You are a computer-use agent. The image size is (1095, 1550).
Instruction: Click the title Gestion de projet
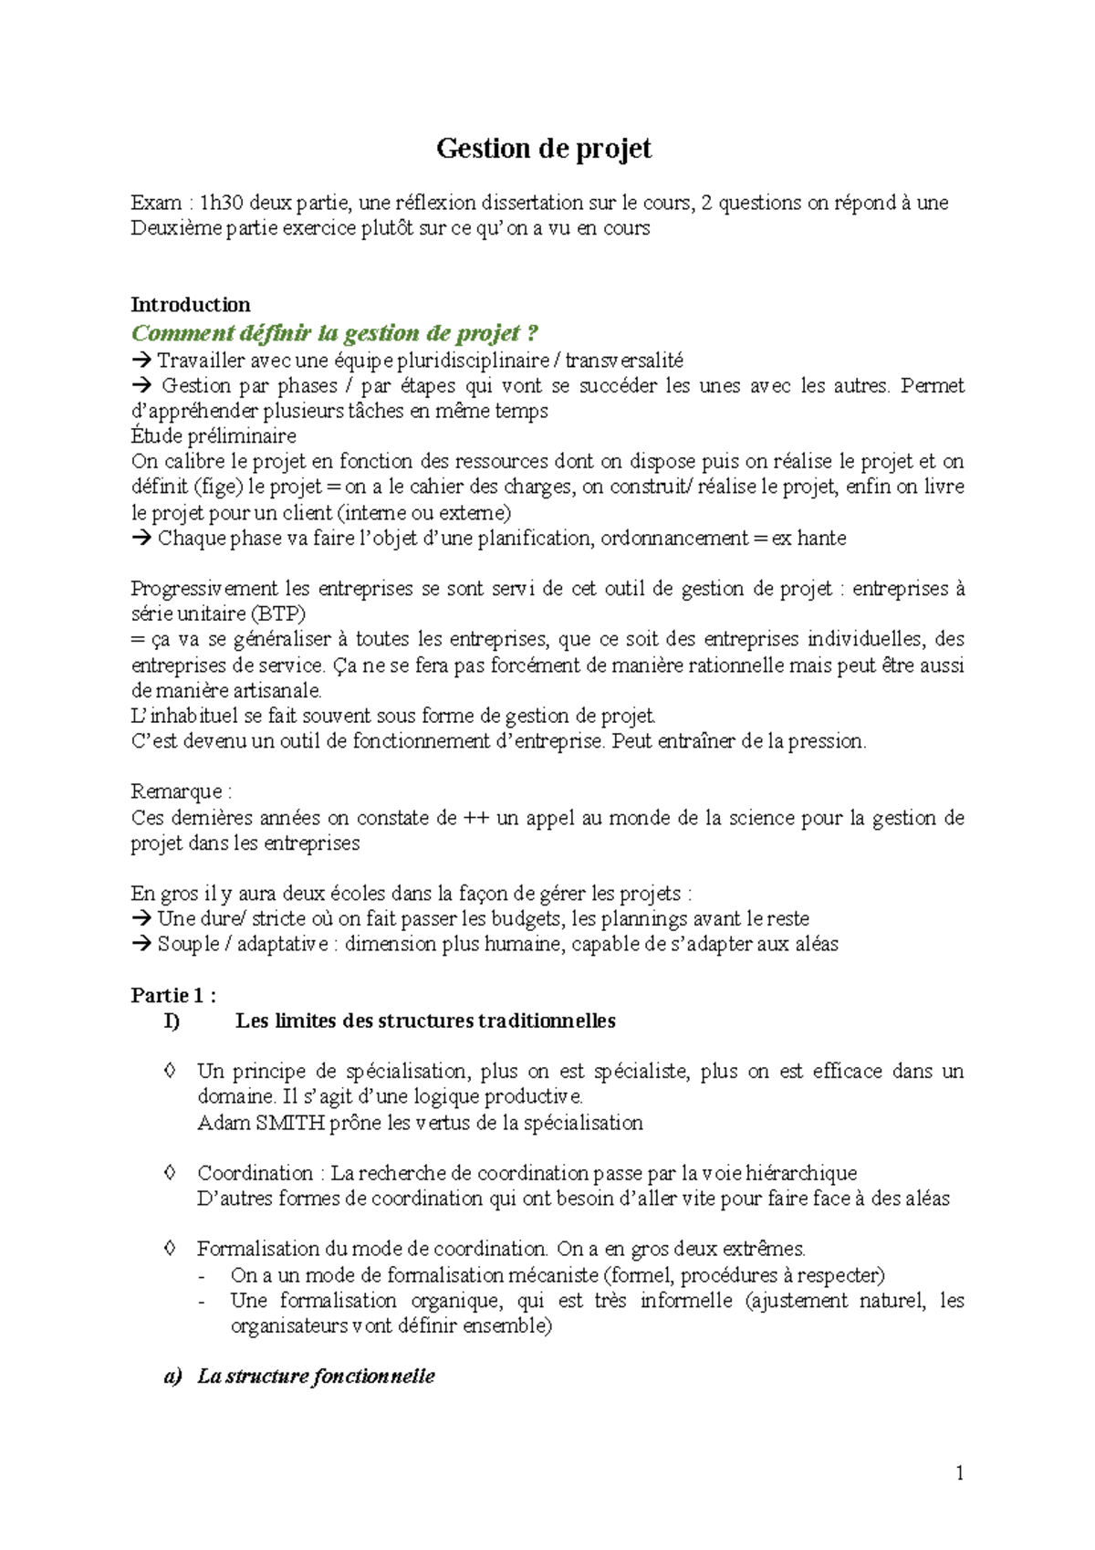[544, 149]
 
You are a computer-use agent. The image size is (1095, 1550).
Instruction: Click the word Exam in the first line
[156, 203]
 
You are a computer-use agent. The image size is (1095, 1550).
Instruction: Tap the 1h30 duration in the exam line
[222, 203]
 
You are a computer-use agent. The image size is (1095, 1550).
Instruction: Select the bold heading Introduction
[190, 305]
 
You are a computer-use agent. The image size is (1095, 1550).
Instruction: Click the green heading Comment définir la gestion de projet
[335, 333]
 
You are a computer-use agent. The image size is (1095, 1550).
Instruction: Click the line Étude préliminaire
[214, 436]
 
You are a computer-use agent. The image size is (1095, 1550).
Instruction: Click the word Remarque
[176, 791]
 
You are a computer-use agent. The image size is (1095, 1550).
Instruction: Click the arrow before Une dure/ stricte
[141, 919]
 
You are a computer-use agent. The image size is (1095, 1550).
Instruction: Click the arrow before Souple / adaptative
[141, 945]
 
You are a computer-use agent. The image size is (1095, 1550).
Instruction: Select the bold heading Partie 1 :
[173, 996]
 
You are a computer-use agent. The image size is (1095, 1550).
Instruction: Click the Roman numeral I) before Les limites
[172, 1021]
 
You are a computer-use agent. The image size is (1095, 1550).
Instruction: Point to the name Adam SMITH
[260, 1123]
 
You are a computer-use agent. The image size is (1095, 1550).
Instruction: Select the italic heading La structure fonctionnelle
[316, 1377]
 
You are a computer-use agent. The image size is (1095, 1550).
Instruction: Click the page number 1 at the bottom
[959, 1472]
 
